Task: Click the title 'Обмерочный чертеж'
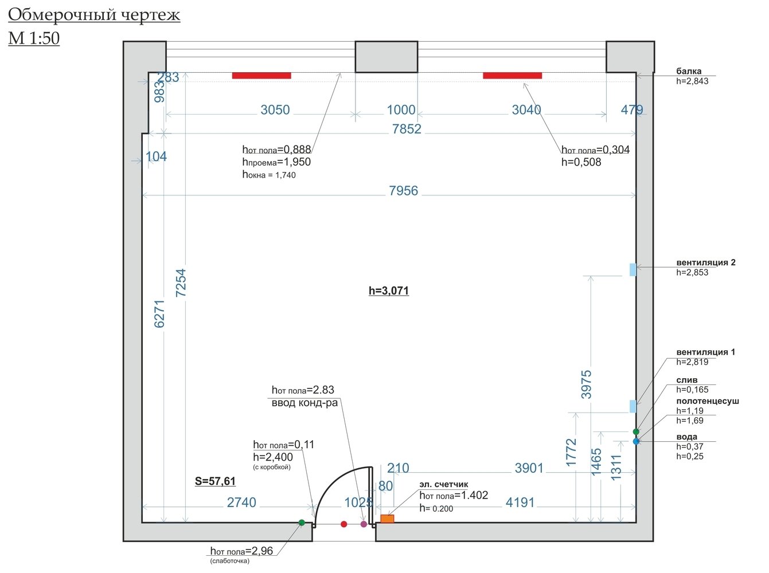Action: tap(94, 15)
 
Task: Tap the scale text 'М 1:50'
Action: tap(34, 38)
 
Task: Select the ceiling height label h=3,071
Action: tap(389, 291)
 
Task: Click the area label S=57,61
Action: tap(215, 481)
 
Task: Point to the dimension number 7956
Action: tap(403, 191)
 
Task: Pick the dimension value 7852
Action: tap(407, 129)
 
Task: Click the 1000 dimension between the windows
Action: tap(401, 110)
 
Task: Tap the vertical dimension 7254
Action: tap(181, 283)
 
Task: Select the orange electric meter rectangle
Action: tap(387, 519)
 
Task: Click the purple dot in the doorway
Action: tap(364, 524)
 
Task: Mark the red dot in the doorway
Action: tap(343, 524)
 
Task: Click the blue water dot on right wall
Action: tap(636, 441)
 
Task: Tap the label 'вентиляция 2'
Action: tap(705, 262)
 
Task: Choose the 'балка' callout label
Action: tap(689, 72)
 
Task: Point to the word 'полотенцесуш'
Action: tap(707, 401)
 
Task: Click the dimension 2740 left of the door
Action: tap(241, 503)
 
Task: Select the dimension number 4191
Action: tap(520, 503)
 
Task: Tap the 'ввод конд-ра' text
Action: tap(305, 403)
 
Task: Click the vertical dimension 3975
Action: tap(586, 384)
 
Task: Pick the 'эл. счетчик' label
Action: tap(443, 484)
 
